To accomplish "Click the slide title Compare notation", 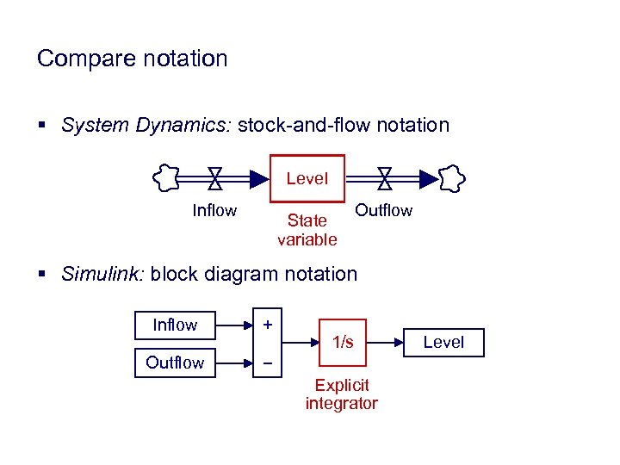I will [132, 59].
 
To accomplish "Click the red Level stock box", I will [307, 179].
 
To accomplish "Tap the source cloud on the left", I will [165, 178].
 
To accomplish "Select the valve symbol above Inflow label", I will [215, 177].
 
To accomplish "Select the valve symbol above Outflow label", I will [385, 177].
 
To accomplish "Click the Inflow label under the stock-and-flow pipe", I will [214, 210].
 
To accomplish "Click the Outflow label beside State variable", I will [384, 210].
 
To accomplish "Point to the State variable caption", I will [307, 230].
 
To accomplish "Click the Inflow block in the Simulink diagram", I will [175, 325].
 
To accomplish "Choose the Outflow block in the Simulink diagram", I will [175, 363].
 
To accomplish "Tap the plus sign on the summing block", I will [268, 325].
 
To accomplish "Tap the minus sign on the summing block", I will [268, 363].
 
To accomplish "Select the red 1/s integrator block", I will [343, 342].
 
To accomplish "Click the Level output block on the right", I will [443, 342].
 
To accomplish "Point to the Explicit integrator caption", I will [341, 394].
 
